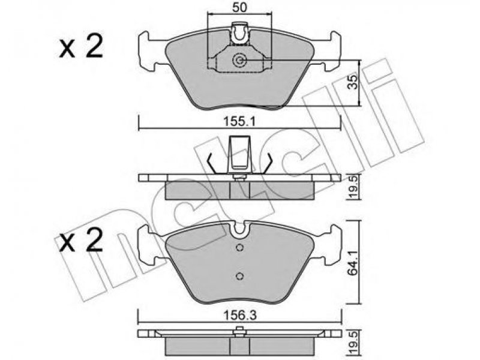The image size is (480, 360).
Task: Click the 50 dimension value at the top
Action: tap(239, 7)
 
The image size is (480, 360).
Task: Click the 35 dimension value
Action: tap(353, 82)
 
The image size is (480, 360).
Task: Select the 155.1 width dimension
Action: tap(239, 122)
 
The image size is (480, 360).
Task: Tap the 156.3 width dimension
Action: tap(239, 315)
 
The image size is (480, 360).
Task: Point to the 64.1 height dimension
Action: tap(354, 262)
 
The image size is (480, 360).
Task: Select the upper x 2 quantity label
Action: tap(81, 48)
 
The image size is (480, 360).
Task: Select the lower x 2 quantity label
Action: tap(81, 241)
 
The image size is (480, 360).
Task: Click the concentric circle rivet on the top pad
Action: tap(239, 61)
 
